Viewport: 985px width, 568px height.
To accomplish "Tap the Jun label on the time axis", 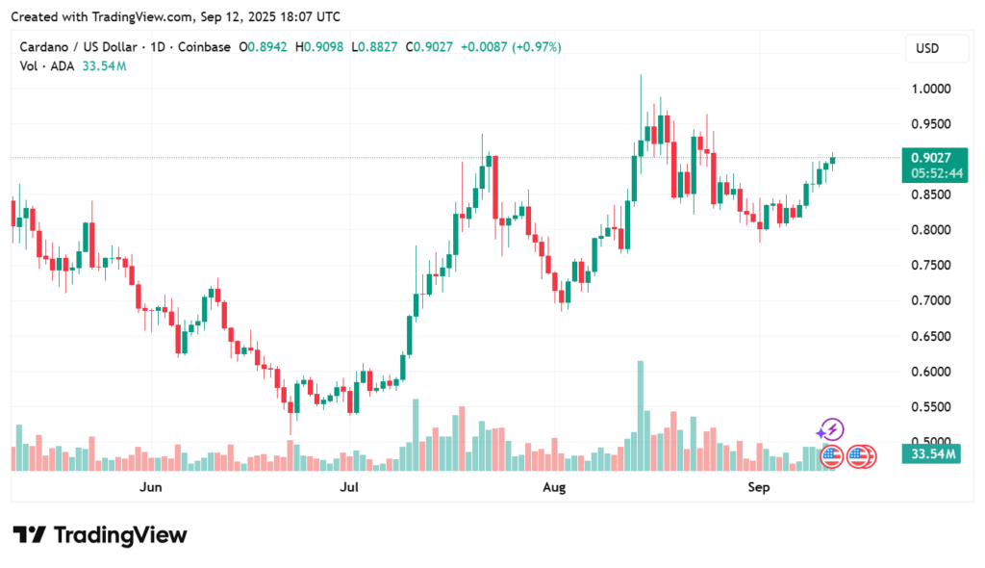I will [x=150, y=488].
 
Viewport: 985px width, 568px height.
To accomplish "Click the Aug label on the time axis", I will [x=554, y=488].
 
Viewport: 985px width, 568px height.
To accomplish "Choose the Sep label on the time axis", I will [x=759, y=488].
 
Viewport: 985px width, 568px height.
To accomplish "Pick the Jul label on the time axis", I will [x=350, y=488].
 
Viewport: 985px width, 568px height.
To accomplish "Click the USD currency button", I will [x=927, y=48].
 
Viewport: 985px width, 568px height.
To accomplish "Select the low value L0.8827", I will [x=376, y=47].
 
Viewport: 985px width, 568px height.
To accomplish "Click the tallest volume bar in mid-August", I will [x=640, y=414].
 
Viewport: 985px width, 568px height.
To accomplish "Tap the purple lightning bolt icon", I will [x=831, y=429].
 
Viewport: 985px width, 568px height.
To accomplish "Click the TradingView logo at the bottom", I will [x=100, y=535].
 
